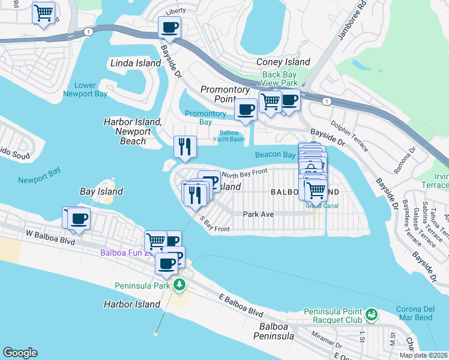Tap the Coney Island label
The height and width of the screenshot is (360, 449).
click(x=283, y=62)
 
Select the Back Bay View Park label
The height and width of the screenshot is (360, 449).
click(x=280, y=79)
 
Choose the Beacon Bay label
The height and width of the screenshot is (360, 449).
click(x=275, y=155)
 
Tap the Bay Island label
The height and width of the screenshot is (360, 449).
click(x=101, y=191)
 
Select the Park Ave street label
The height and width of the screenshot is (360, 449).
click(x=258, y=214)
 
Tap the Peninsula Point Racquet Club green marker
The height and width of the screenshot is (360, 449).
click(x=372, y=314)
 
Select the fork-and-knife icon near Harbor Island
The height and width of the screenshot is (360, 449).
click(x=185, y=146)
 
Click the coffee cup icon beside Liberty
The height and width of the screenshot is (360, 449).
click(x=170, y=27)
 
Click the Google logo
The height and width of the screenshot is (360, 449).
click(x=20, y=353)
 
